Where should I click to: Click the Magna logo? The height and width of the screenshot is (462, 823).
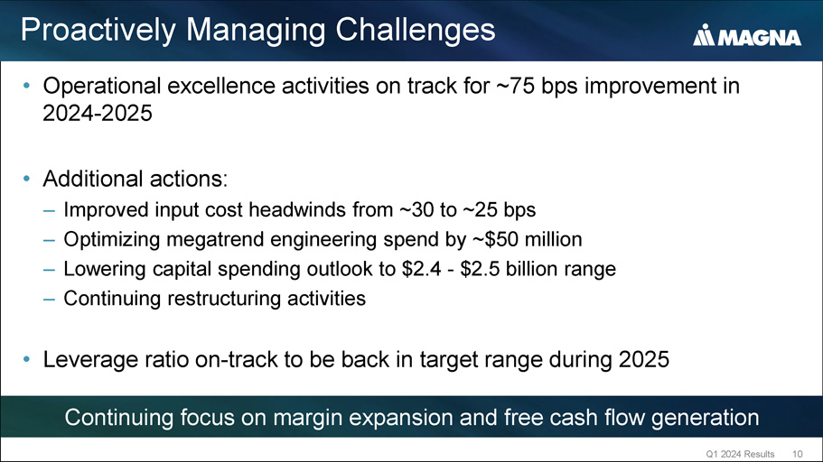(746, 35)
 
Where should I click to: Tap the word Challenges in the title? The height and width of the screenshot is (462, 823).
(416, 30)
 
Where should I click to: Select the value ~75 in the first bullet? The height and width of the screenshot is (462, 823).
(515, 86)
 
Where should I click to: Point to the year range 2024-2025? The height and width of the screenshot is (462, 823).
(98, 114)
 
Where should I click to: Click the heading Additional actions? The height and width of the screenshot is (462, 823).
(136, 179)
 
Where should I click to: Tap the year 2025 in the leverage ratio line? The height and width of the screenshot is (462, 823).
(644, 360)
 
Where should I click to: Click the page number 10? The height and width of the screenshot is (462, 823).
(798, 454)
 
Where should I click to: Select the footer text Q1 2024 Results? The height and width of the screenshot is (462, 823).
(740, 454)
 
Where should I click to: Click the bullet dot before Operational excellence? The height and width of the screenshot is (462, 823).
(26, 86)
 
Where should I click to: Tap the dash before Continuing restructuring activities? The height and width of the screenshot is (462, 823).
(50, 299)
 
